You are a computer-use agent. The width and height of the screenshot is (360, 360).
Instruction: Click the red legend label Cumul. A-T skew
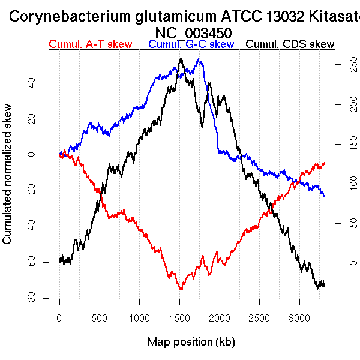coord(90,44)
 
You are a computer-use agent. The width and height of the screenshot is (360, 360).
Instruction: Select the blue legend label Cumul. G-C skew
coord(191,44)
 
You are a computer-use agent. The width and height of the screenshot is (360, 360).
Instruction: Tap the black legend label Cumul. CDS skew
coord(290,44)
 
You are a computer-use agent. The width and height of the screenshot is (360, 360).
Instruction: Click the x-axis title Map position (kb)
coord(191,342)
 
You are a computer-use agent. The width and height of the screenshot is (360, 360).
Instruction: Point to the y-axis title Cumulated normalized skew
coord(8,180)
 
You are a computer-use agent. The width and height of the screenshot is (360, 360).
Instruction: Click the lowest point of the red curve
coord(181,289)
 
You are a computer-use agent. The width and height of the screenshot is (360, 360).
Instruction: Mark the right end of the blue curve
coord(324,196)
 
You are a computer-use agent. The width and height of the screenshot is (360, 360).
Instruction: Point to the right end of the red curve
coord(324,163)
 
